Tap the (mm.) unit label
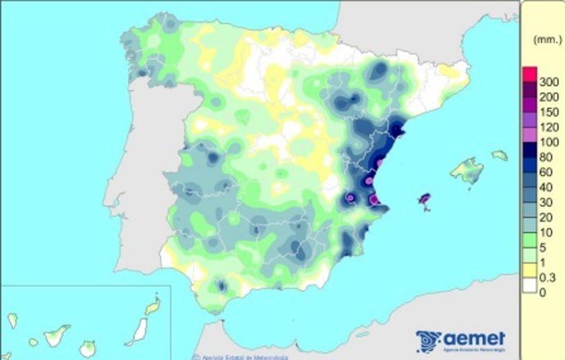pos(545,39)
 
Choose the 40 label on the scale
pos(545,187)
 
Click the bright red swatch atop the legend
pos(529,74)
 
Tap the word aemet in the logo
pos(474,339)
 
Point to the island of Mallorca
pos(467,172)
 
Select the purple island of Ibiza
pos(424,198)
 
